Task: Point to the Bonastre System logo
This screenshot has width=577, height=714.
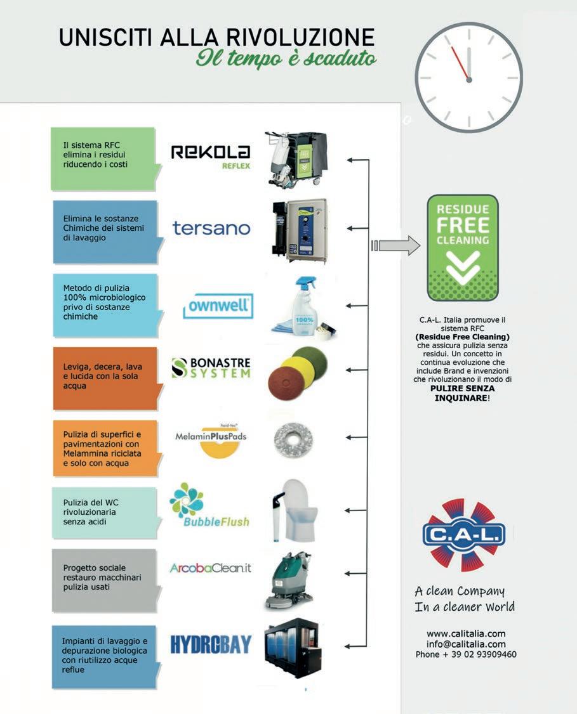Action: [x=211, y=368]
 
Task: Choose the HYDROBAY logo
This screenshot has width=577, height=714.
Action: [x=211, y=644]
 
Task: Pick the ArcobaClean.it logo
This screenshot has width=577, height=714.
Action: [x=210, y=568]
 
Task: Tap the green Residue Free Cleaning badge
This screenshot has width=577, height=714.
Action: [x=463, y=247]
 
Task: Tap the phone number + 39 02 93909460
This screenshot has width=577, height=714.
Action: [x=466, y=654]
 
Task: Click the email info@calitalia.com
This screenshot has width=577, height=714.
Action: [x=466, y=644]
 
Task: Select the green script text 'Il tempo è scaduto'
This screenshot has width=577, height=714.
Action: [x=286, y=58]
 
